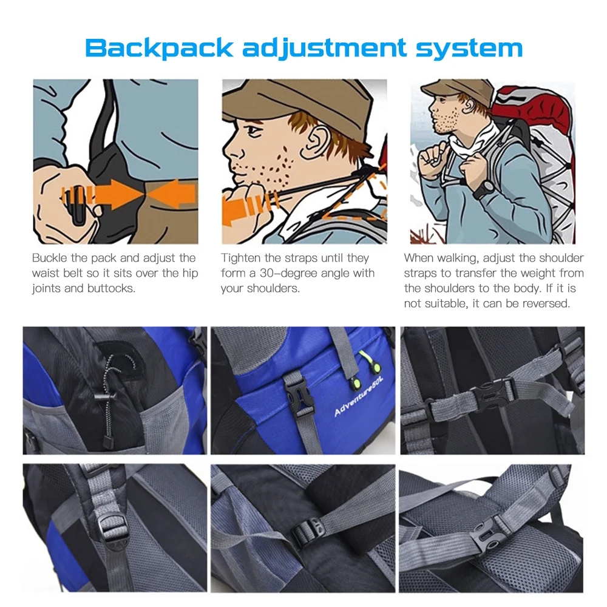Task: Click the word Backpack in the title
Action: coord(158,48)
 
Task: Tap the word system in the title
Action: coord(469,48)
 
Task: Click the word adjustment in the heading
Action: coord(324,48)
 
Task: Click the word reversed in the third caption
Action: coord(546,303)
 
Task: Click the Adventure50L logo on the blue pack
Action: coord(359,397)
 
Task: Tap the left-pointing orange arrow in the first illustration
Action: coord(171,193)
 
